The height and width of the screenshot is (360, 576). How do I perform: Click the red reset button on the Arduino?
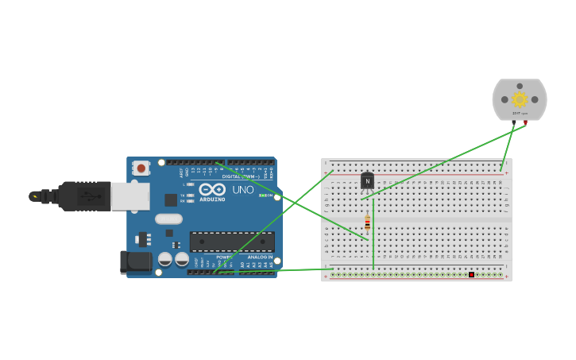[141, 168]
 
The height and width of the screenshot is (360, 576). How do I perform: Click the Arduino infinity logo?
[212, 189]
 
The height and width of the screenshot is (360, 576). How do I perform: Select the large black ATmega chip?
[232, 242]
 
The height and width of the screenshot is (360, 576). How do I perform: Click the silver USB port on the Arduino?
[130, 196]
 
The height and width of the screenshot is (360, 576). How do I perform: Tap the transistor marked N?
[367, 181]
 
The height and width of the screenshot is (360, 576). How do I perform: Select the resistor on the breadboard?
[367, 223]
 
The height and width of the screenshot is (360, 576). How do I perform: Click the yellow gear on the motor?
[520, 99]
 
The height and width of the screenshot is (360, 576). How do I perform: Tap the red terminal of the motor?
[525, 122]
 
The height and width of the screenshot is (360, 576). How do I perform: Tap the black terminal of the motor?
[514, 122]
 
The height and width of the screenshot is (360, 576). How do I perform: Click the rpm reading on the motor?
[520, 114]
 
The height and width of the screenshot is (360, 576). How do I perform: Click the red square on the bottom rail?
[471, 275]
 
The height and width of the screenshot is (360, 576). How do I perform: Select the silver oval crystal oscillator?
[168, 219]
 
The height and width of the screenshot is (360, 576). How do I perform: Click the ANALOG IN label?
[259, 257]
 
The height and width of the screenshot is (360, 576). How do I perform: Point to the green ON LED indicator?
[263, 195]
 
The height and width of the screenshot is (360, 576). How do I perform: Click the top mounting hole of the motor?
[520, 86]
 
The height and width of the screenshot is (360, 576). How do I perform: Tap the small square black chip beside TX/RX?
[170, 199]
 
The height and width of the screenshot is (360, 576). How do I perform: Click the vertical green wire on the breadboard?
[373, 234]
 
